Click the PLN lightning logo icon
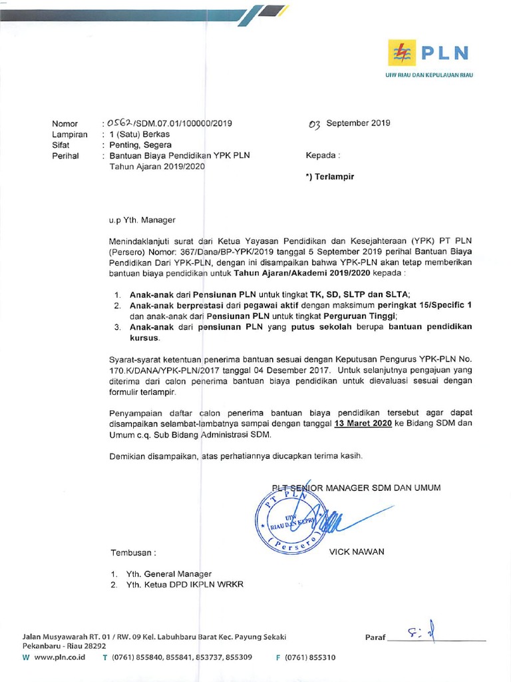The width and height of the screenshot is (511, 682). coord(402,52)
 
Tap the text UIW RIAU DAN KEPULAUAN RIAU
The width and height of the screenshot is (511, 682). coord(429,75)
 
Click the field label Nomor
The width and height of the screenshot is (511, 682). coord(65,124)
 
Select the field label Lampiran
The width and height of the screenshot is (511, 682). coord(70,135)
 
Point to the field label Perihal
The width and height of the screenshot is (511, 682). coord(65,156)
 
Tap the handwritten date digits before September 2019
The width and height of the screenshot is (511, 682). coord(315,123)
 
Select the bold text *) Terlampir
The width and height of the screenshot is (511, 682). coord(330,177)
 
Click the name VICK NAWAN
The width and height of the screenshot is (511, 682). coord(356,552)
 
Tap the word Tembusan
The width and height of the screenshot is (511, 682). coord(132,553)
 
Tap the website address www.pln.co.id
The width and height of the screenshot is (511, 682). coord(59,657)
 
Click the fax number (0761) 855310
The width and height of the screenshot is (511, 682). coord(310,657)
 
